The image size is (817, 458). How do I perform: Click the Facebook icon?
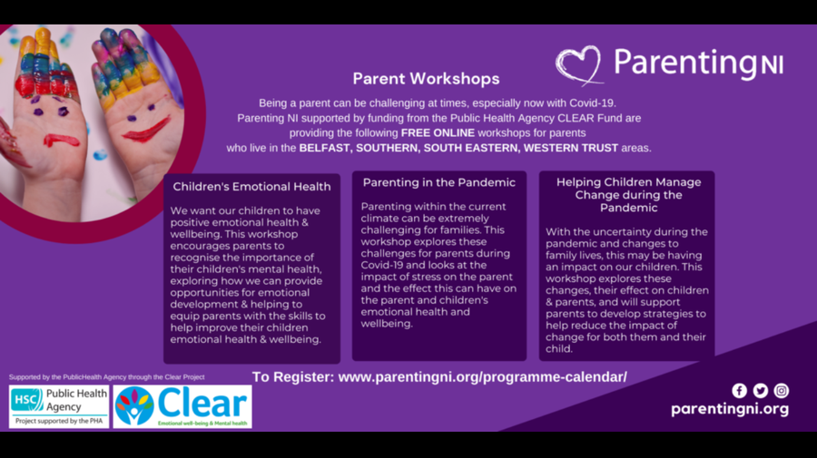(x=739, y=390)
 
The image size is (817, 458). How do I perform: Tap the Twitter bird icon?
(x=760, y=390)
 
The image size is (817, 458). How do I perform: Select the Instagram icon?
(x=781, y=390)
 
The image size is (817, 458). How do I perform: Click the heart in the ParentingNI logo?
(x=579, y=65)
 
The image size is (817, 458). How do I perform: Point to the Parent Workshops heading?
(x=427, y=79)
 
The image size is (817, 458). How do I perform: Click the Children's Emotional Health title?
(x=251, y=186)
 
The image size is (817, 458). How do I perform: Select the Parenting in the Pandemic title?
(x=439, y=182)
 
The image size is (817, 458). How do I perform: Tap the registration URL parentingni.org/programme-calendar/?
(x=483, y=376)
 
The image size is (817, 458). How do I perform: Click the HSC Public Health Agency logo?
(x=59, y=407)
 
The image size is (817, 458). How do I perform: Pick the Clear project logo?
(x=182, y=407)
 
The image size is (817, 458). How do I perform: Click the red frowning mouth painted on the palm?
(x=62, y=140)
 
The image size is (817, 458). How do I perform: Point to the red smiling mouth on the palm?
(x=146, y=130)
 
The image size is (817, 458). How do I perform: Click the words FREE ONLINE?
(x=438, y=132)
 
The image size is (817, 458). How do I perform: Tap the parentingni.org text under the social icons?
(x=730, y=409)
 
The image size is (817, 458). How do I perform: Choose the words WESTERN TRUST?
(x=571, y=148)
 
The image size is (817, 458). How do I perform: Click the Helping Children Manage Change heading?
(x=628, y=195)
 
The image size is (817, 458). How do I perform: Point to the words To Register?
(x=293, y=376)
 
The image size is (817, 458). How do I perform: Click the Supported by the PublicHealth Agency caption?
(x=107, y=376)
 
